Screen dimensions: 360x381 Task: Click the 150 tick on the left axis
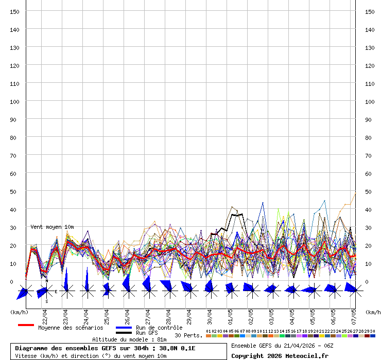15,11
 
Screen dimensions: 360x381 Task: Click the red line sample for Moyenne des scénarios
26,325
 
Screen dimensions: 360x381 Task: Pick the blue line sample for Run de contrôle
124,328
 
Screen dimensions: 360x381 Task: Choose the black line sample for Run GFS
124,333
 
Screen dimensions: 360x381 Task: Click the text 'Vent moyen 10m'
52,227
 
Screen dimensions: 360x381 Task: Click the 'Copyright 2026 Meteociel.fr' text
280,355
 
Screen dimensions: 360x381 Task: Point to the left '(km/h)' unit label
19,312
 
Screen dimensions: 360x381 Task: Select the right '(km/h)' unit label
373,312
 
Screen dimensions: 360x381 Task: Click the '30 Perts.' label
188,335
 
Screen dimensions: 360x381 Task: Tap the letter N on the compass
46,281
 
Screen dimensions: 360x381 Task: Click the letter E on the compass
56,292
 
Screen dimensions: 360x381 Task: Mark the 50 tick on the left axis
15,191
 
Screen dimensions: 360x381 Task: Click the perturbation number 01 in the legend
208,331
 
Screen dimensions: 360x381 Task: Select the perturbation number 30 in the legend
372,331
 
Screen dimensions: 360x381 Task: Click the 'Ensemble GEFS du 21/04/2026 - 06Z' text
282,345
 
